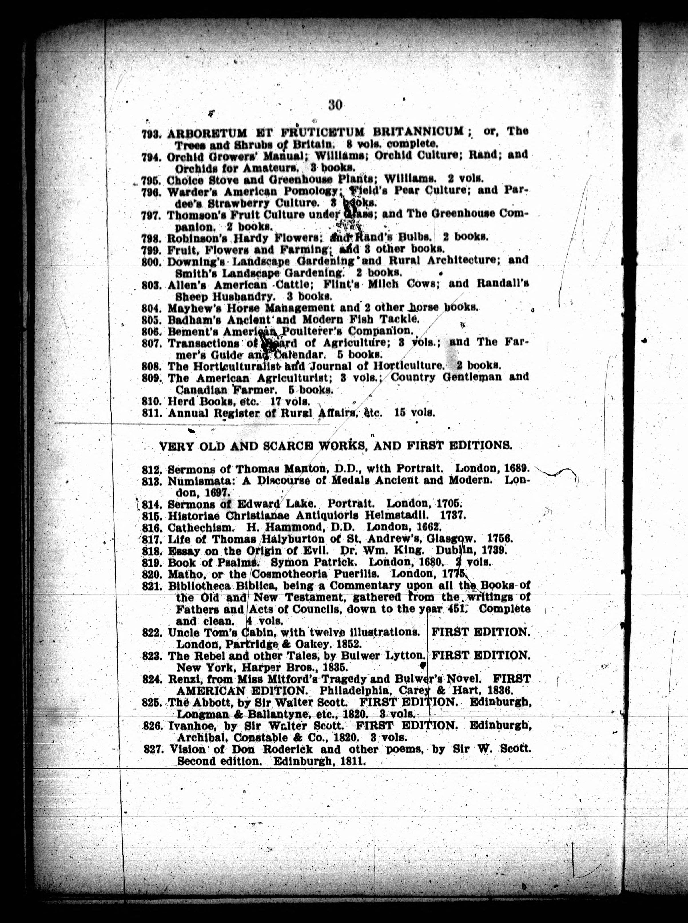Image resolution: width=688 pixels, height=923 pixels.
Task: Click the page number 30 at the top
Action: pos(335,105)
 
